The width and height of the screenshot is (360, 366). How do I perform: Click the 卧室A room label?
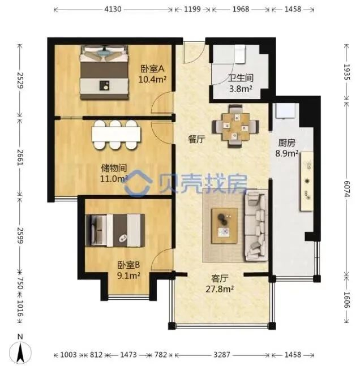coord(152,68)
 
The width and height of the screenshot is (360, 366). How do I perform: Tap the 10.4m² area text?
coord(152,80)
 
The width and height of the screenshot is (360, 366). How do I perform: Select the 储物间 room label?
coord(114,168)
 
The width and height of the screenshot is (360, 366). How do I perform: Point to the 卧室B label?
coord(128,265)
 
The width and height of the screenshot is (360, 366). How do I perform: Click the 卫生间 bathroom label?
coord(241,78)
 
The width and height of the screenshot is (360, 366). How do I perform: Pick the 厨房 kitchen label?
coord(286,143)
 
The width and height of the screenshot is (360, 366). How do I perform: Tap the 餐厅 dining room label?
coord(196,140)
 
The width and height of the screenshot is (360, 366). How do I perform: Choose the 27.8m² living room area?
coord(220,289)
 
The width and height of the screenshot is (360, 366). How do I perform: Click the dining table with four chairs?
coord(235,126)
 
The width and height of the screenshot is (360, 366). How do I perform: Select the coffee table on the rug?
coord(225,226)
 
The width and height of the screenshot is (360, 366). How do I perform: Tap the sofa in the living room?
coord(256,226)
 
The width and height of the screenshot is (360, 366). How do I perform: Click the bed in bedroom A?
coord(104,72)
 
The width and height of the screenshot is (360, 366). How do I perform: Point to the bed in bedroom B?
coord(115,230)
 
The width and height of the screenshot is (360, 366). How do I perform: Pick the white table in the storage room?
coord(116,134)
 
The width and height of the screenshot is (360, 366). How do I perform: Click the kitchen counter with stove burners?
coord(307,182)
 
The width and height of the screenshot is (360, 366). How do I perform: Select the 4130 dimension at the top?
coord(113,10)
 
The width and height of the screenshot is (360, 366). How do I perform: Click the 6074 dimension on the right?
coord(346,188)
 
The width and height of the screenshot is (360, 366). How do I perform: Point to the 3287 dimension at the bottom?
coord(222,355)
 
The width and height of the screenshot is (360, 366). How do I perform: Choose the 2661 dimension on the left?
coord(20,158)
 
